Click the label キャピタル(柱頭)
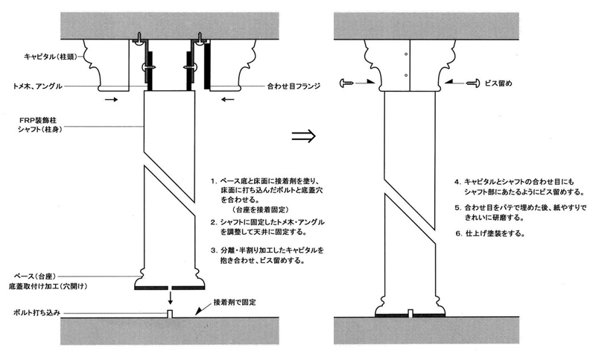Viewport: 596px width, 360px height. [50, 57]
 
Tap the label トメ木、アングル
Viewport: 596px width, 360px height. [37, 86]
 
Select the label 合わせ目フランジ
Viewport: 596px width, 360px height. [294, 86]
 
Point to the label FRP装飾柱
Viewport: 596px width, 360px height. [38, 121]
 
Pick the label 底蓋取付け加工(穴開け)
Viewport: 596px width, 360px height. [48, 286]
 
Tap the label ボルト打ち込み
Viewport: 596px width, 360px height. [37, 313]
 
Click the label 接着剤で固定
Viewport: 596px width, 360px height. [235, 302]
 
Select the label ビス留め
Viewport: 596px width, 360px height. [498, 83]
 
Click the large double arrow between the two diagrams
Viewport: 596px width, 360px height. [304, 136]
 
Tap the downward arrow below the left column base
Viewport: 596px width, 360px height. [171, 298]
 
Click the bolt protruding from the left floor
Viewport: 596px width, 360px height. [171, 313]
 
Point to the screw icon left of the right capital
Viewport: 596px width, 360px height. [347, 83]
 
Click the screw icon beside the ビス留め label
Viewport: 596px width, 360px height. [473, 83]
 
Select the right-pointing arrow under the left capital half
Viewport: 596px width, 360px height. [111, 100]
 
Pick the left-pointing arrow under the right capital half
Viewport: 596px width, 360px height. [228, 100]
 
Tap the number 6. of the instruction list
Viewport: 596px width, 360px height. [459, 234]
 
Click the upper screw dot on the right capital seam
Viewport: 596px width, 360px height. [406, 54]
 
